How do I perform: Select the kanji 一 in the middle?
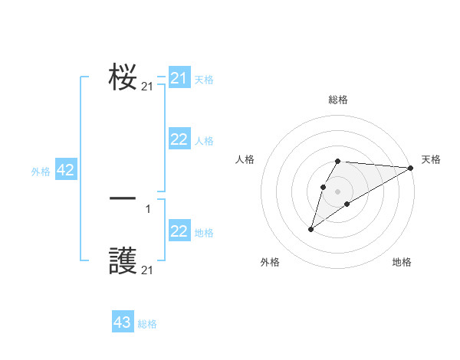[123, 198]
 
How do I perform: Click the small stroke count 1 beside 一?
[148, 209]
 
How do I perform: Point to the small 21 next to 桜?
[147, 87]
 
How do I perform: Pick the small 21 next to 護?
[147, 271]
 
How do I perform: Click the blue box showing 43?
[123, 322]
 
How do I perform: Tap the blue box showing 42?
[65, 170]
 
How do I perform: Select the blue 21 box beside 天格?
[179, 78]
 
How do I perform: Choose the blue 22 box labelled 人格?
[179, 139]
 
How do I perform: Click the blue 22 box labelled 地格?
[179, 231]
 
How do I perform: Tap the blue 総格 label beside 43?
[147, 324]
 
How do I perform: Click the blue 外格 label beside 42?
[41, 172]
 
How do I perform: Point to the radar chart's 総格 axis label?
[338, 100]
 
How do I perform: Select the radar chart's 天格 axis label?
[431, 159]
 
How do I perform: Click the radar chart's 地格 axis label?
[402, 262]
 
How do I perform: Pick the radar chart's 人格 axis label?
[245, 159]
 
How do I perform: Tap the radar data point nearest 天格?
[410, 168]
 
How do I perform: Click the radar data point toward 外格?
[311, 229]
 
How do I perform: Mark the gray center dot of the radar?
[338, 191]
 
